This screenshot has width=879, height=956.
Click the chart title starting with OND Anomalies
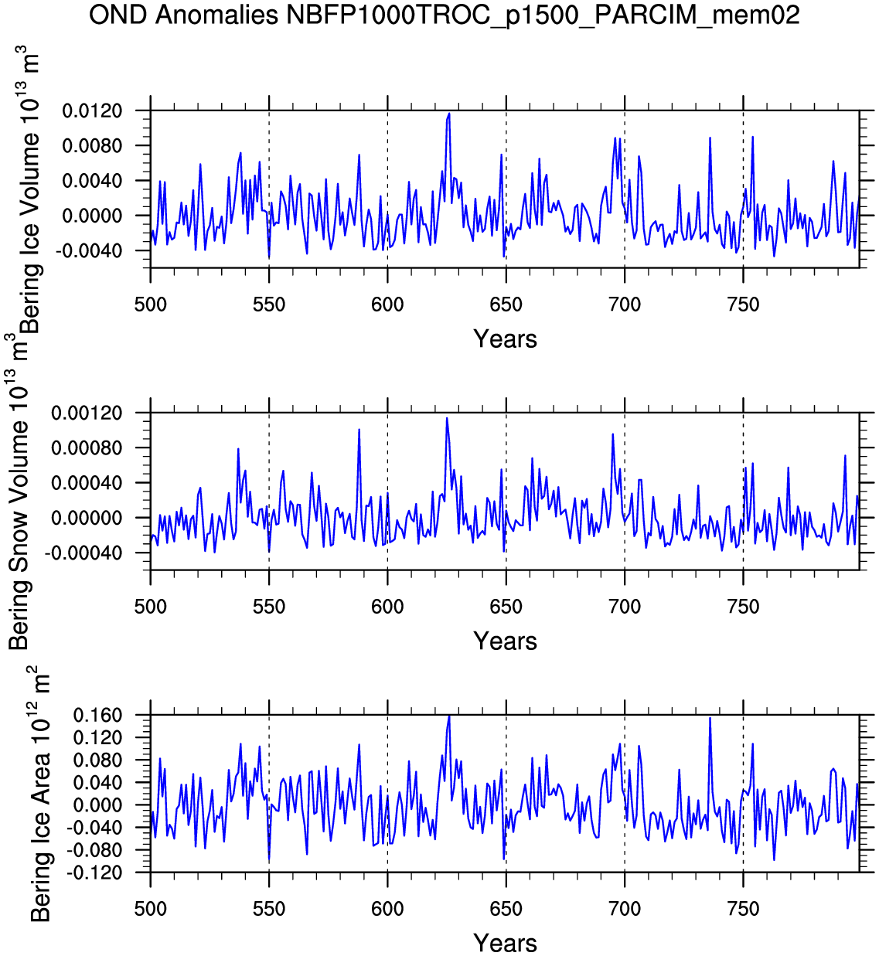click(x=445, y=15)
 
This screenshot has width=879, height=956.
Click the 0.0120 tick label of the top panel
click(x=92, y=111)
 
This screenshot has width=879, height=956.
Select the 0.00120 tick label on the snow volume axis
click(x=87, y=413)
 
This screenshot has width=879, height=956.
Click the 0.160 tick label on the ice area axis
click(x=97, y=716)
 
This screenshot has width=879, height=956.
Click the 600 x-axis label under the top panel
click(x=387, y=304)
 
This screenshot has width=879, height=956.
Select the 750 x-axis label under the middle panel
click(x=743, y=607)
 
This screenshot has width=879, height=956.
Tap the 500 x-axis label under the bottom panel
click(x=151, y=909)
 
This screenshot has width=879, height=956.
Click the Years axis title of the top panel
click(x=505, y=339)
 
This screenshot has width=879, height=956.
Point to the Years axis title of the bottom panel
click(x=505, y=943)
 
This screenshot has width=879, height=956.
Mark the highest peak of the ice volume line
click(x=449, y=114)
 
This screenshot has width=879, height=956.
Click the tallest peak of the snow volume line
click(x=447, y=418)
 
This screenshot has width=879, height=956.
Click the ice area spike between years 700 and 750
click(x=710, y=718)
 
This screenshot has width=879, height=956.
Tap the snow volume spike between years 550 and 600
click(x=359, y=430)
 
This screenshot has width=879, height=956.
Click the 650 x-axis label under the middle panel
click(x=506, y=607)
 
